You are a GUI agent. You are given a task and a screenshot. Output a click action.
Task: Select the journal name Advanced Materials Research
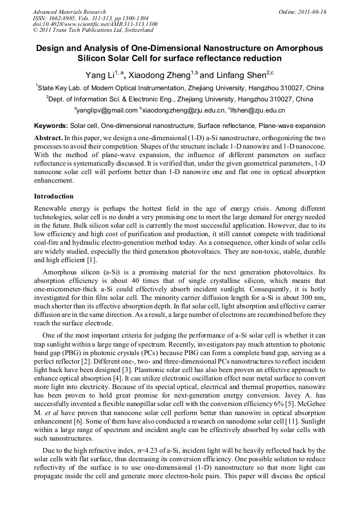pyautogui.click(x=69, y=12)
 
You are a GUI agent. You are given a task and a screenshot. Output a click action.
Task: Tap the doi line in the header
pyautogui.click(x=95, y=24)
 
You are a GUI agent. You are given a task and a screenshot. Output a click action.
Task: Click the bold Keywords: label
pyautogui.click(x=51, y=126)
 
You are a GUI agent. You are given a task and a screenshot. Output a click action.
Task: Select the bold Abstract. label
pyautogui.click(x=48, y=137)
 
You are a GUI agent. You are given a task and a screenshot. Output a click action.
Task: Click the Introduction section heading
pyautogui.click(x=54, y=196)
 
